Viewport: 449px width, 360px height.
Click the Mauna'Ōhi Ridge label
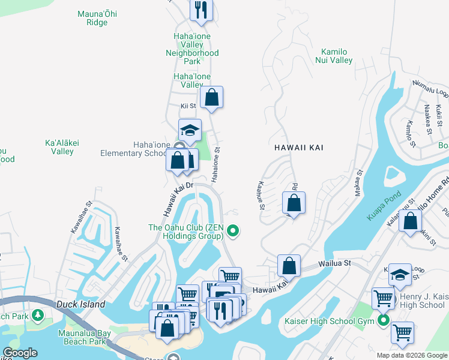(x=92, y=18)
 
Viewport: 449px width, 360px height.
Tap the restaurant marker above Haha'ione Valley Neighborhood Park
(x=201, y=10)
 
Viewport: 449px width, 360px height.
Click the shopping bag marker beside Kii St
(x=211, y=97)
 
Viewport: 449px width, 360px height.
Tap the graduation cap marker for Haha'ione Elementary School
(x=190, y=130)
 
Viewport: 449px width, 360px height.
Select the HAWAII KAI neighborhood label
(x=295, y=147)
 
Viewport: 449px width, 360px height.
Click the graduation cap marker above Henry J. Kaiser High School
(x=399, y=275)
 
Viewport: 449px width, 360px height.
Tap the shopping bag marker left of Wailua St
(x=289, y=265)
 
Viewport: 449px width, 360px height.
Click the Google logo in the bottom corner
(x=20, y=353)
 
